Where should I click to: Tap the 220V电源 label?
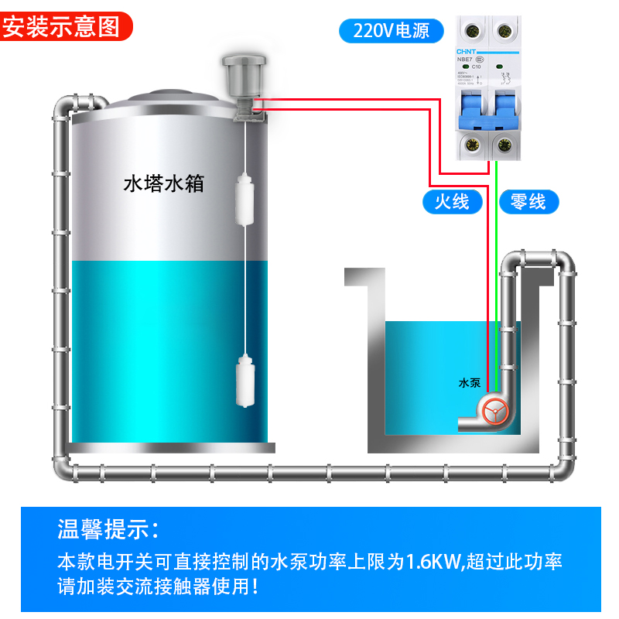click(x=393, y=31)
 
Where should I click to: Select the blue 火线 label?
click(x=452, y=202)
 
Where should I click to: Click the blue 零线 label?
click(x=528, y=202)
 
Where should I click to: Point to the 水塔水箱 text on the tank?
click(x=163, y=184)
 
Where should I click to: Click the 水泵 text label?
click(x=469, y=383)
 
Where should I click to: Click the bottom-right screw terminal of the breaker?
click(x=505, y=143)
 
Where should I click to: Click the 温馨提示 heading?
click(x=108, y=530)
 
